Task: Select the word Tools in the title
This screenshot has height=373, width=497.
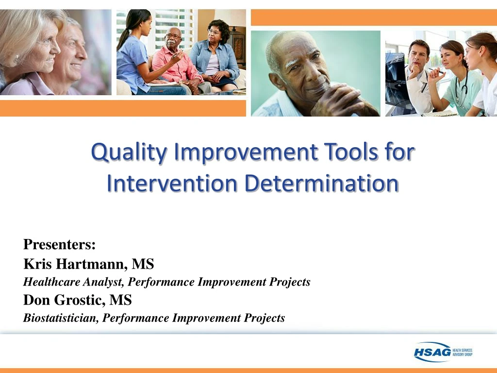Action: coord(349,152)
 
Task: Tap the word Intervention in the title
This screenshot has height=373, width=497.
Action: coord(172,183)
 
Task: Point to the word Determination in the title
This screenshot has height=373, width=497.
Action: coord(321,183)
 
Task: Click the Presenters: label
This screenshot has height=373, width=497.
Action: coord(59,244)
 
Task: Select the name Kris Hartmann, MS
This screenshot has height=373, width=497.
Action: coord(89,264)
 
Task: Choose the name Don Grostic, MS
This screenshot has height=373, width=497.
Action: coord(78,300)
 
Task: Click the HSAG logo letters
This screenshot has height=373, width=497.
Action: coord(431,352)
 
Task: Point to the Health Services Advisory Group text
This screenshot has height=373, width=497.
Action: coord(462,352)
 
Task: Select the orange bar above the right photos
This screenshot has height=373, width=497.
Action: coord(373,17)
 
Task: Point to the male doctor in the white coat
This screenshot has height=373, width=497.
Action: coord(417,73)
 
